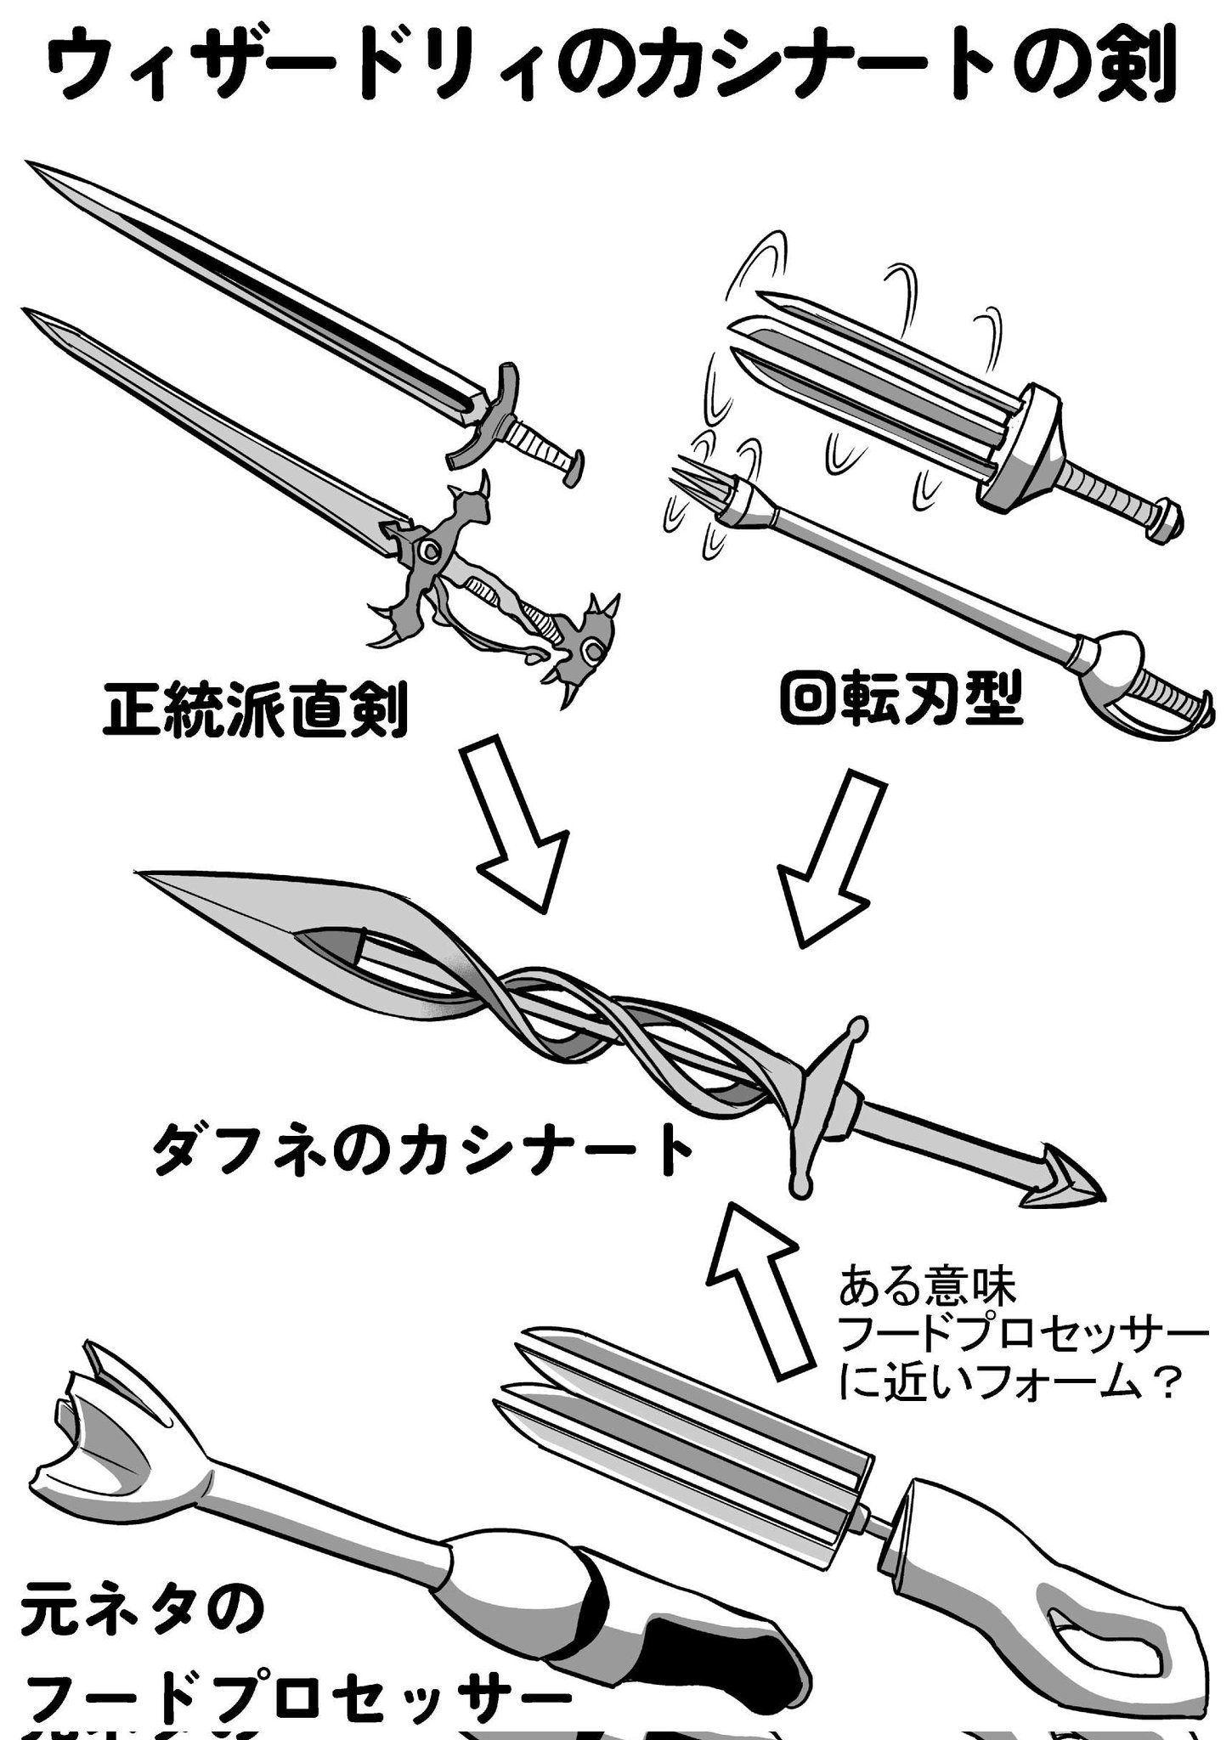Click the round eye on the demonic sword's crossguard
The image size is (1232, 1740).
(x=430, y=551)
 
